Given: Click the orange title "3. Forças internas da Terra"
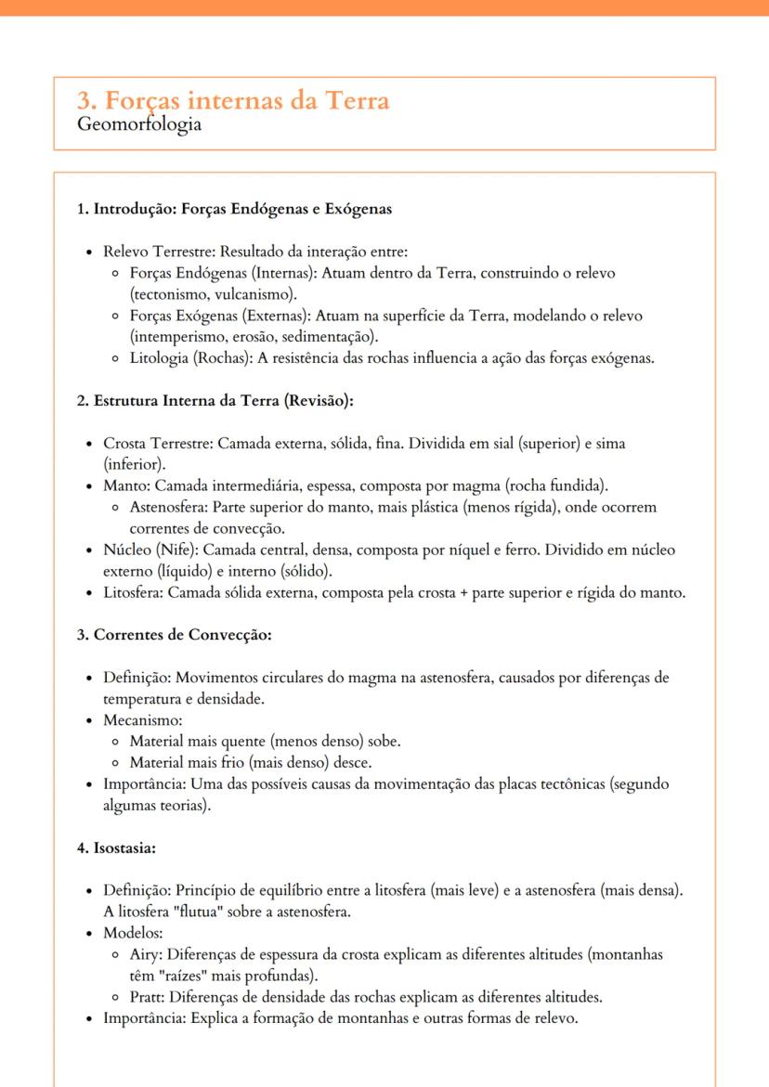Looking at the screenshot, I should click(233, 99).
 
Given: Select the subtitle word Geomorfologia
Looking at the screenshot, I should click(139, 123).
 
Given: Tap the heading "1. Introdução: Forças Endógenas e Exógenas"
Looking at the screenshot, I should click(234, 209).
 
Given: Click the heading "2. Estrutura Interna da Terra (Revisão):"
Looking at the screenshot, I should click(215, 401).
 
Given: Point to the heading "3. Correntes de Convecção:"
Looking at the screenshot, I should click(174, 636).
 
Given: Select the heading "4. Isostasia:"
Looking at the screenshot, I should click(116, 848).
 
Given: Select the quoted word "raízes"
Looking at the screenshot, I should click(184, 976).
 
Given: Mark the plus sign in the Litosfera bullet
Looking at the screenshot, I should click(463, 593).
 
